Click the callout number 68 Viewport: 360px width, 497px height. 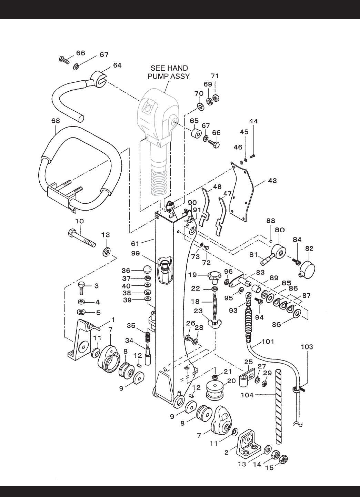56,121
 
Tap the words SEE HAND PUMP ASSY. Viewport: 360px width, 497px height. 169,72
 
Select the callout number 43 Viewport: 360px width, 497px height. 272,180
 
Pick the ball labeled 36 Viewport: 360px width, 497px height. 146,270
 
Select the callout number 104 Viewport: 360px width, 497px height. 247,395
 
